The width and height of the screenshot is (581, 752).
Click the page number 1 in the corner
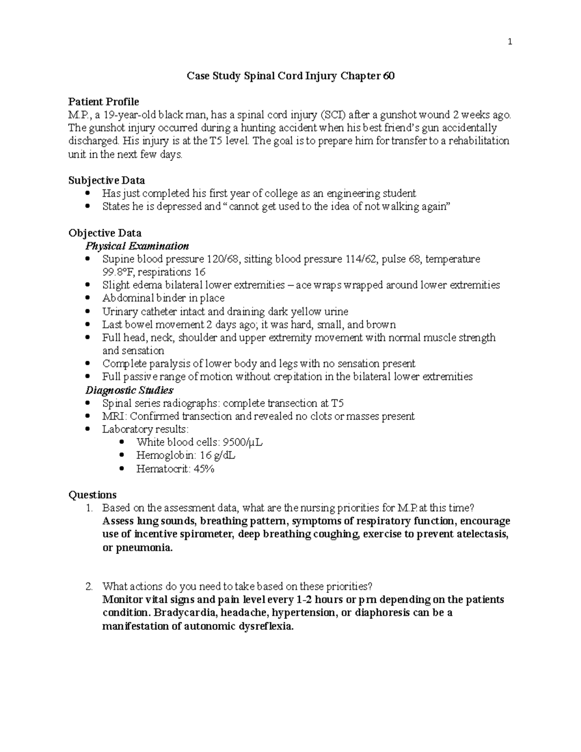(509, 42)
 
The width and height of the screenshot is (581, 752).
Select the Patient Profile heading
(104, 102)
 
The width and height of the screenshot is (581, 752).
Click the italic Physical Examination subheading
(137, 246)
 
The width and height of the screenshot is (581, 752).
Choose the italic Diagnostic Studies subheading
(129, 390)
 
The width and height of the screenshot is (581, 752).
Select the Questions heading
(92, 495)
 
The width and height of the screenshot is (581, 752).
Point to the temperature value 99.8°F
(119, 272)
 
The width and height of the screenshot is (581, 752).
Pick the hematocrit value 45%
(203, 469)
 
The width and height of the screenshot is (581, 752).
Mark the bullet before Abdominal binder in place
(88, 298)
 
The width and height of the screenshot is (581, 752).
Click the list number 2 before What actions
(89, 587)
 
